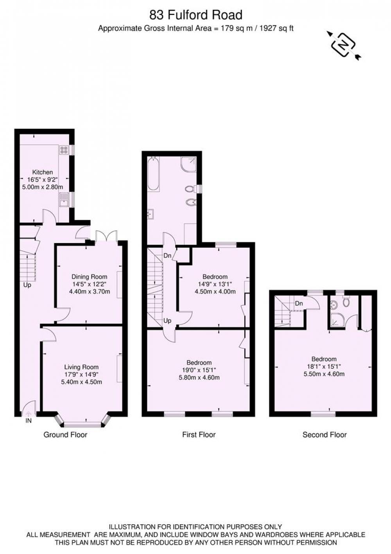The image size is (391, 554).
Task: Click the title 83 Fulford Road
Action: tap(195, 15)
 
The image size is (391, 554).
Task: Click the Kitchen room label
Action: tap(43, 172)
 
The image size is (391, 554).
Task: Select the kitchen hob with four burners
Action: tap(63, 150)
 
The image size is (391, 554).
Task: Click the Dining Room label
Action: tap(90, 277)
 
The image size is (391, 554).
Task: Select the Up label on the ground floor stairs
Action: tap(27, 285)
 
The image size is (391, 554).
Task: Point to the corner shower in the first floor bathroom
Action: tap(188, 164)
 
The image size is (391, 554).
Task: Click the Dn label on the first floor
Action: tap(167, 256)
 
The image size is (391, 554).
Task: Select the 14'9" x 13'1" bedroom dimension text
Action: tap(215, 284)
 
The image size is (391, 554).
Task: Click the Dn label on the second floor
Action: tap(299, 303)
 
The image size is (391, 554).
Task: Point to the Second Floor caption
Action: tap(325, 435)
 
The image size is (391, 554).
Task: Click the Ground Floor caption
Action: tap(65, 435)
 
